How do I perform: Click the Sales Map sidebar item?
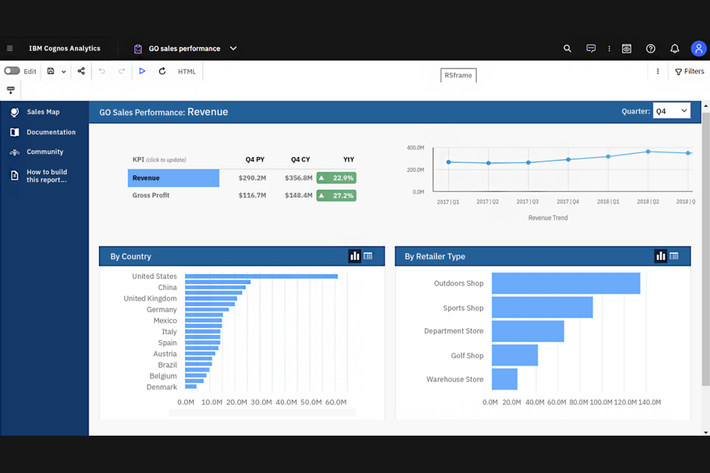coord(43,112)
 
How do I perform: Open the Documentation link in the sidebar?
coord(50,132)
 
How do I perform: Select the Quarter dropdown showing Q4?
coord(671,111)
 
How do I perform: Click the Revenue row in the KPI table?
coord(173,178)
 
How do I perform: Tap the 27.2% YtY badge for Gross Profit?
coord(336,196)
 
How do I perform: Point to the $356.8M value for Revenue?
coord(298,178)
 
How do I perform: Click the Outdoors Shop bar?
coord(566,283)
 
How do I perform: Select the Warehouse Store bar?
coord(504,379)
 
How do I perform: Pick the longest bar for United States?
coord(261,277)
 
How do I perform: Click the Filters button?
coord(689,71)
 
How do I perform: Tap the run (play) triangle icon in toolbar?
coord(142,71)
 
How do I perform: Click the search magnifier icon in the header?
coord(567,48)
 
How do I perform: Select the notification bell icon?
coord(674,48)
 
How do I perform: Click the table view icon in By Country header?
coord(368,256)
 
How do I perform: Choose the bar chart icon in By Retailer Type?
coord(661,256)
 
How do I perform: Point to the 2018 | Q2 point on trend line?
coord(648,151)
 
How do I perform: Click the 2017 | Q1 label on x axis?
coord(448,202)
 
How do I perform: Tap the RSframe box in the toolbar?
coord(458,75)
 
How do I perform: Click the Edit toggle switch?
coord(12,71)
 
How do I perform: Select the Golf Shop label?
coord(467,356)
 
